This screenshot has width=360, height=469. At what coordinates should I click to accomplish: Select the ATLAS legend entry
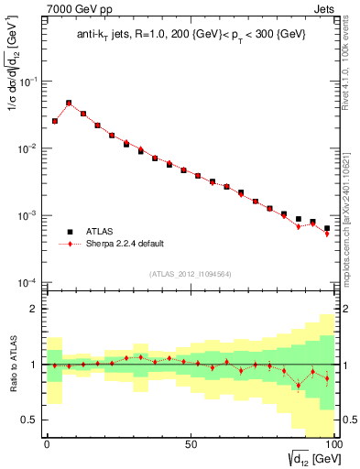click(x=101, y=232)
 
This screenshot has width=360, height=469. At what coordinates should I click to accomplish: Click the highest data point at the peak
click(x=69, y=104)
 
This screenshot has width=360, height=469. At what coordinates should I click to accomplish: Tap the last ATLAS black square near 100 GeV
click(x=327, y=228)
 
